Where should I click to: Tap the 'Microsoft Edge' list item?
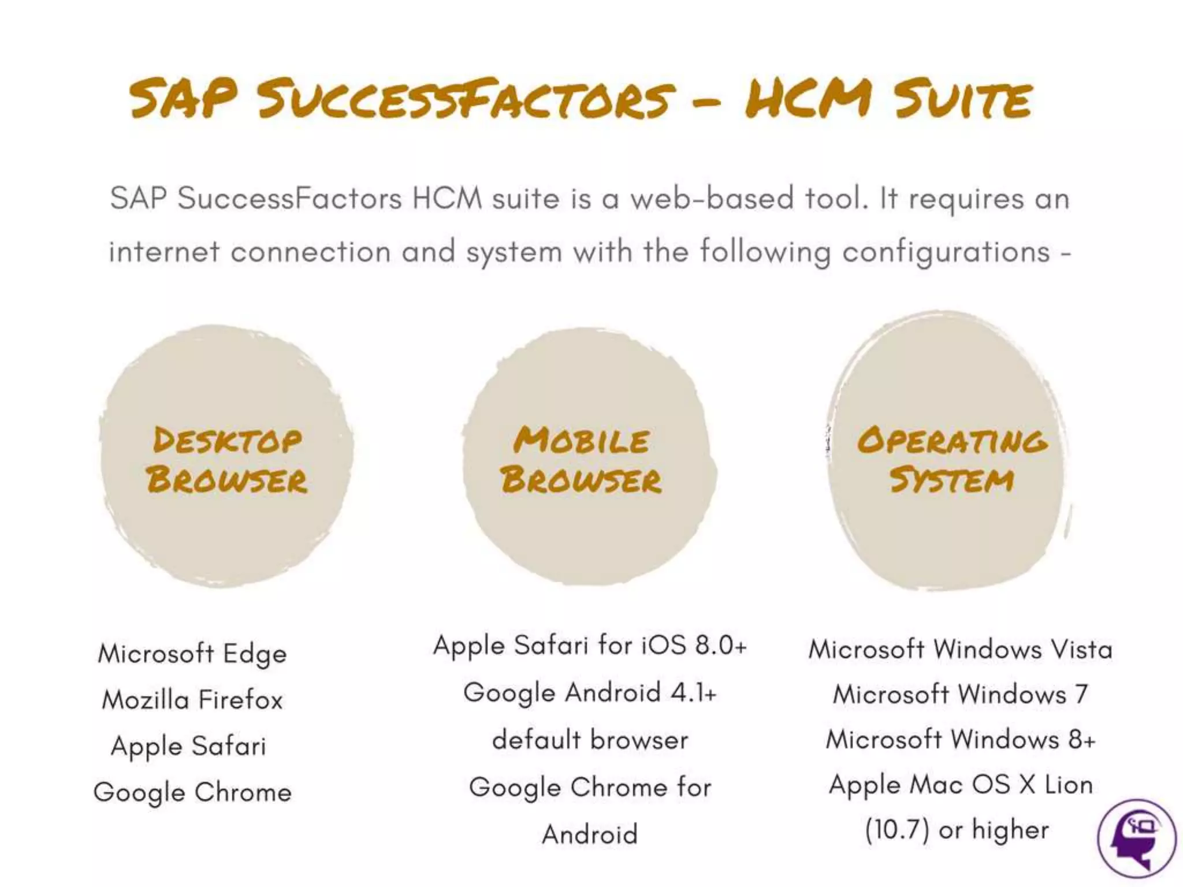[192, 654]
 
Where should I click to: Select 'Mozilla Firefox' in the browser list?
[192, 700]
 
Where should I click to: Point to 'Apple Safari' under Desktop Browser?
[188, 746]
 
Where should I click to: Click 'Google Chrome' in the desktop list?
[192, 792]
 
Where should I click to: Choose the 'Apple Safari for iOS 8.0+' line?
[590, 646]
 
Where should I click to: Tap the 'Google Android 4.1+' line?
[590, 692]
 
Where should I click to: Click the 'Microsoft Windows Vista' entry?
[960, 650]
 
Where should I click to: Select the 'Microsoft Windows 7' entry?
[960, 694]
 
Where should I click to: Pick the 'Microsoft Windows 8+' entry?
[960, 740]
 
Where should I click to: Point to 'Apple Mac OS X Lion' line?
[960, 785]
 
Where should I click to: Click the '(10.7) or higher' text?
[957, 830]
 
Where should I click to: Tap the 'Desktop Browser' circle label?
[227, 460]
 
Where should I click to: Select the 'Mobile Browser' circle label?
[581, 460]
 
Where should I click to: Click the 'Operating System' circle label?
[952, 460]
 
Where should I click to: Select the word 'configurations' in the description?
[946, 252]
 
